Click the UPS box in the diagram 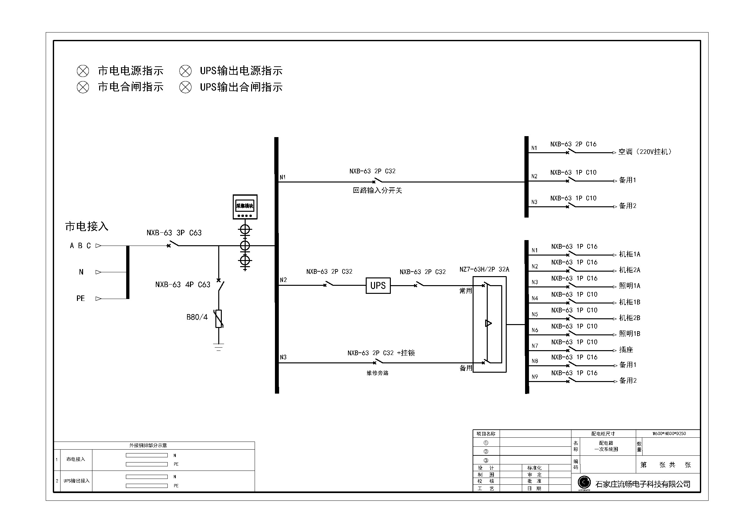(x=378, y=285)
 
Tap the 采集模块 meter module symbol (x=245, y=207)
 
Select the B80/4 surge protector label (x=197, y=317)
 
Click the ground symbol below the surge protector (x=218, y=347)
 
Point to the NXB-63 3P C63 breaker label (x=174, y=233)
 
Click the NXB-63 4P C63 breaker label (x=183, y=285)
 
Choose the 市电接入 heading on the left (x=87, y=226)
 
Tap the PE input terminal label (x=81, y=298)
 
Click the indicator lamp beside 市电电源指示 (x=83, y=71)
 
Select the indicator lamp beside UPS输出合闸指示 (x=185, y=87)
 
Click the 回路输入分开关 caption (x=377, y=191)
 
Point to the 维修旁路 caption (x=378, y=373)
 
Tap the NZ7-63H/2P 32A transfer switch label (x=484, y=269)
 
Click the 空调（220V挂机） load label (x=645, y=152)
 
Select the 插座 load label (x=626, y=350)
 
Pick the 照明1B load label (x=629, y=334)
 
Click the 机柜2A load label (x=629, y=270)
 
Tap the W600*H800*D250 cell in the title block (x=669, y=433)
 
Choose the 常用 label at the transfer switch (x=466, y=291)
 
